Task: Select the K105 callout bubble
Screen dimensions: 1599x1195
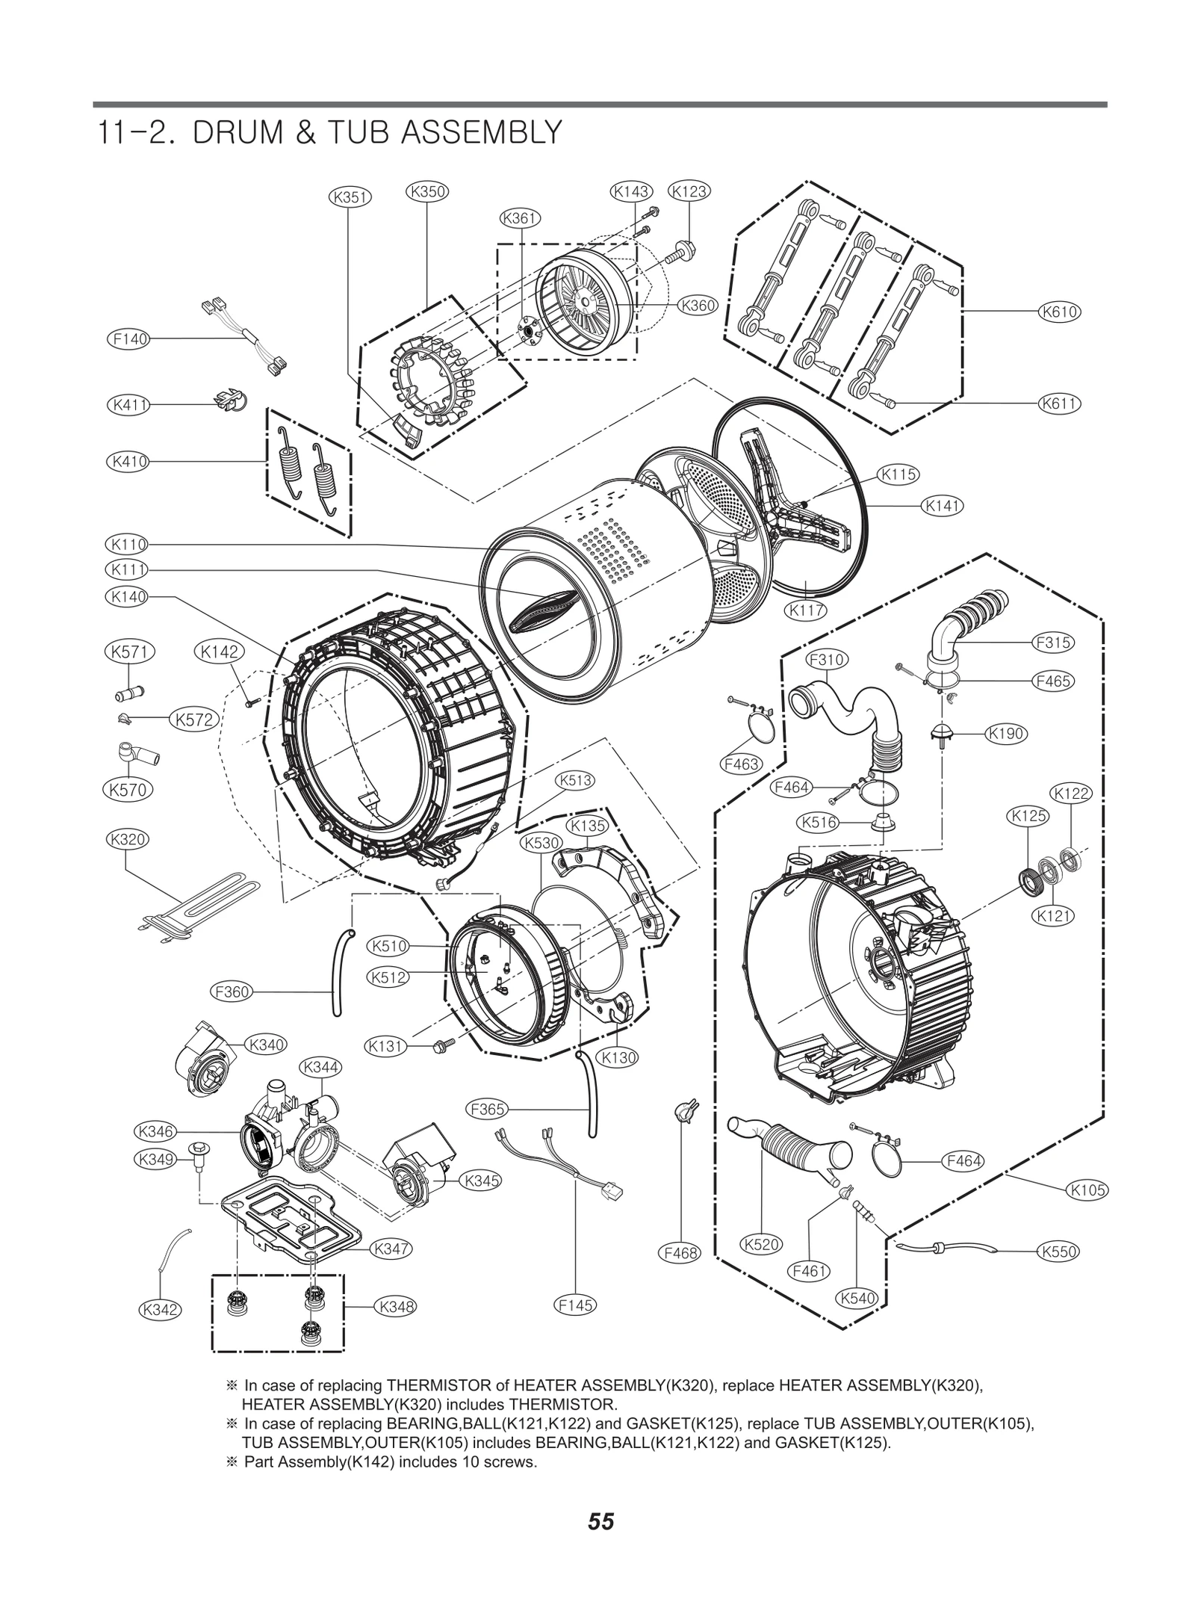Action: pos(1087,1190)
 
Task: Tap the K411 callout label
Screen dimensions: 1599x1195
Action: pos(128,405)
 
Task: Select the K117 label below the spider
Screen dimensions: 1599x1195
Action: pos(807,610)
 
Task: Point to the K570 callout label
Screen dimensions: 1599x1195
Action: pos(127,789)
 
